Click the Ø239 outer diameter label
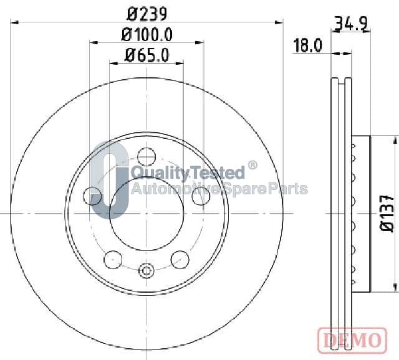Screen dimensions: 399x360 (147, 14)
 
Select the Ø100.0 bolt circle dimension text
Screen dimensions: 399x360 (147, 35)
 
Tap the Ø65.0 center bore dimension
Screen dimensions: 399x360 (147, 55)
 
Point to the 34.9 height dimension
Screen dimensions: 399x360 (351, 24)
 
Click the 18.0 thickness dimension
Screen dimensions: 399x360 (307, 45)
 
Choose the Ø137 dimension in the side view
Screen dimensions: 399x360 (387, 213)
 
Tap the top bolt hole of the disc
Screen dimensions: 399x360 (146, 156)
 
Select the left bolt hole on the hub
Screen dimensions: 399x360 (92, 196)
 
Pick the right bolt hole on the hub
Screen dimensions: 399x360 (201, 196)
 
